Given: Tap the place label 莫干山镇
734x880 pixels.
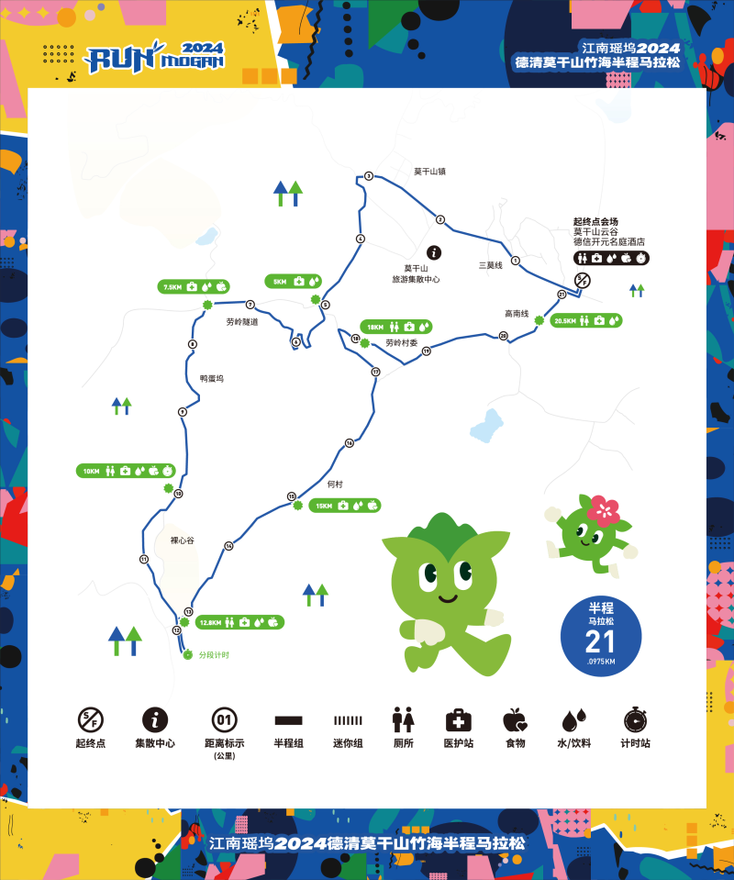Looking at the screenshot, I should pyautogui.click(x=428, y=172).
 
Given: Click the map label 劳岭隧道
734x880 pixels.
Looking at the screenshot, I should pyautogui.click(x=242, y=322).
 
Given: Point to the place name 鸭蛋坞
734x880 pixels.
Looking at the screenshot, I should pyautogui.click(x=211, y=378).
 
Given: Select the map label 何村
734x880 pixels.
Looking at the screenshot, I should pyautogui.click(x=335, y=484).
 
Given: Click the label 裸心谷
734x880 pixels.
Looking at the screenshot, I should pyautogui.click(x=183, y=540).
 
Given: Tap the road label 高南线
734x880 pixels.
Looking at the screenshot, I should pyautogui.click(x=517, y=313).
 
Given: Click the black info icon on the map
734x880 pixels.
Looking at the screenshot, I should pyautogui.click(x=435, y=252).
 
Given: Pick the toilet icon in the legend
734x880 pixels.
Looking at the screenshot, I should pyautogui.click(x=404, y=719).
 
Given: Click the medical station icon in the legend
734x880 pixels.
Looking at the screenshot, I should pyautogui.click(x=458, y=719).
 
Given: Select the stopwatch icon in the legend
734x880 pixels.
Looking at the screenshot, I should pyautogui.click(x=635, y=719).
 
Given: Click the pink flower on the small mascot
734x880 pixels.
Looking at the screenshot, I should pyautogui.click(x=603, y=508).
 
